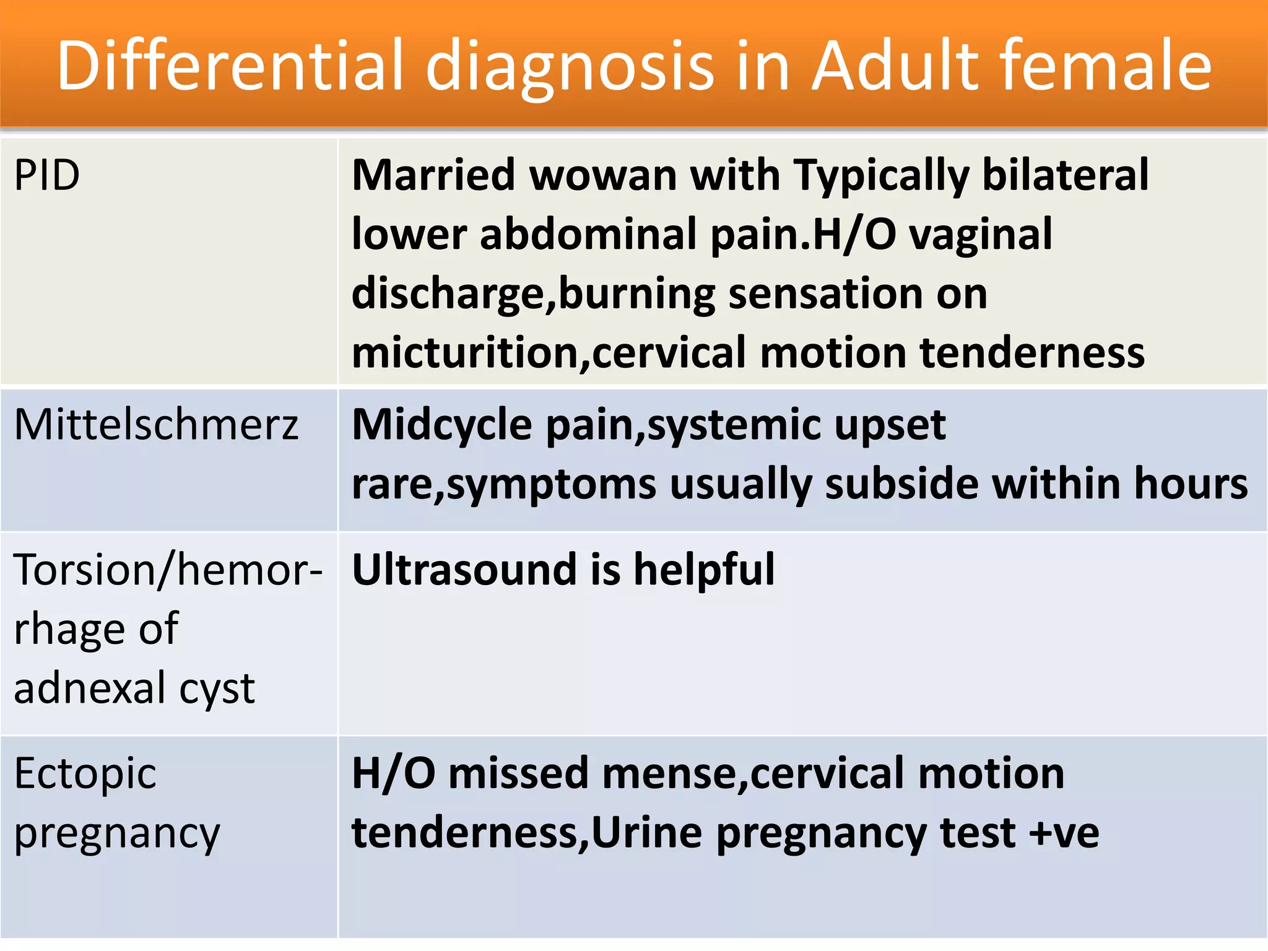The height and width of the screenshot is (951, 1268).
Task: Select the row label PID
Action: (47, 175)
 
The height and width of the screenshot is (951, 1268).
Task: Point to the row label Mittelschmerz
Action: (156, 425)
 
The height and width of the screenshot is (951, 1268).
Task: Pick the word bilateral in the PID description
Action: (1065, 175)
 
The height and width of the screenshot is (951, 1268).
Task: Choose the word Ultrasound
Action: (464, 569)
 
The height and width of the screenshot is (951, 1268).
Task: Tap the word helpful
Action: (704, 569)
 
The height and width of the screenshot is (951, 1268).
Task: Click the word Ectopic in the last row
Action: (85, 773)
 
